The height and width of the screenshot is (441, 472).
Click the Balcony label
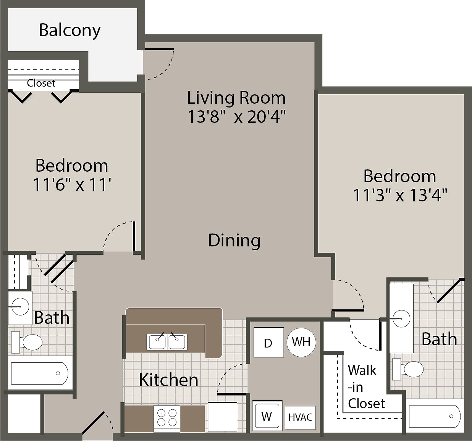coord(70,30)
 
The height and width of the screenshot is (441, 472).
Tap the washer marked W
coord(267,416)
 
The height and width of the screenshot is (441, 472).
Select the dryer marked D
coord(268,342)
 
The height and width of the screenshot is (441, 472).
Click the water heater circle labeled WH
coord(301,342)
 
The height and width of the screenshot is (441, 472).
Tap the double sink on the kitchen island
coord(167,341)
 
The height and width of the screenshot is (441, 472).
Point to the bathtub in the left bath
coord(40,373)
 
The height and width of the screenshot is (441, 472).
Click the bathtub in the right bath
coord(435,416)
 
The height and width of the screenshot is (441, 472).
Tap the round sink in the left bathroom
coord(20,306)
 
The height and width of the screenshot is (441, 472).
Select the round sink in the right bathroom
coord(401,318)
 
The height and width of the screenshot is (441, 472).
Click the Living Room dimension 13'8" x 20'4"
coord(236,116)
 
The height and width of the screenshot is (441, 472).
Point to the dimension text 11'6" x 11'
coord(72,185)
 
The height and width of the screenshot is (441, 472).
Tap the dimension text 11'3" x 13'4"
coord(399,195)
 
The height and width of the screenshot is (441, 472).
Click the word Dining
coord(234,240)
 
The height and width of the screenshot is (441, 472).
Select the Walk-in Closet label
coord(366,387)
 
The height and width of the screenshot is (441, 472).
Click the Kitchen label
coord(168,380)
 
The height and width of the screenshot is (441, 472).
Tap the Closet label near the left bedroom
coord(41,83)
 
